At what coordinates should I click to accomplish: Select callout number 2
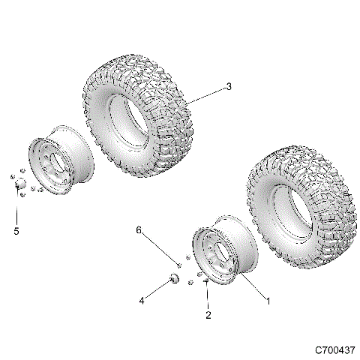point(209,316)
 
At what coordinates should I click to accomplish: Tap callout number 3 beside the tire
point(229,87)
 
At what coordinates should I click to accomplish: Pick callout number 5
point(16,231)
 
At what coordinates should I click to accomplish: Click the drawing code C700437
point(334,349)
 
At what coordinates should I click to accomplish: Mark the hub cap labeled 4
point(173,279)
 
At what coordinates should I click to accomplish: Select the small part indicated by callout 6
point(178,264)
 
